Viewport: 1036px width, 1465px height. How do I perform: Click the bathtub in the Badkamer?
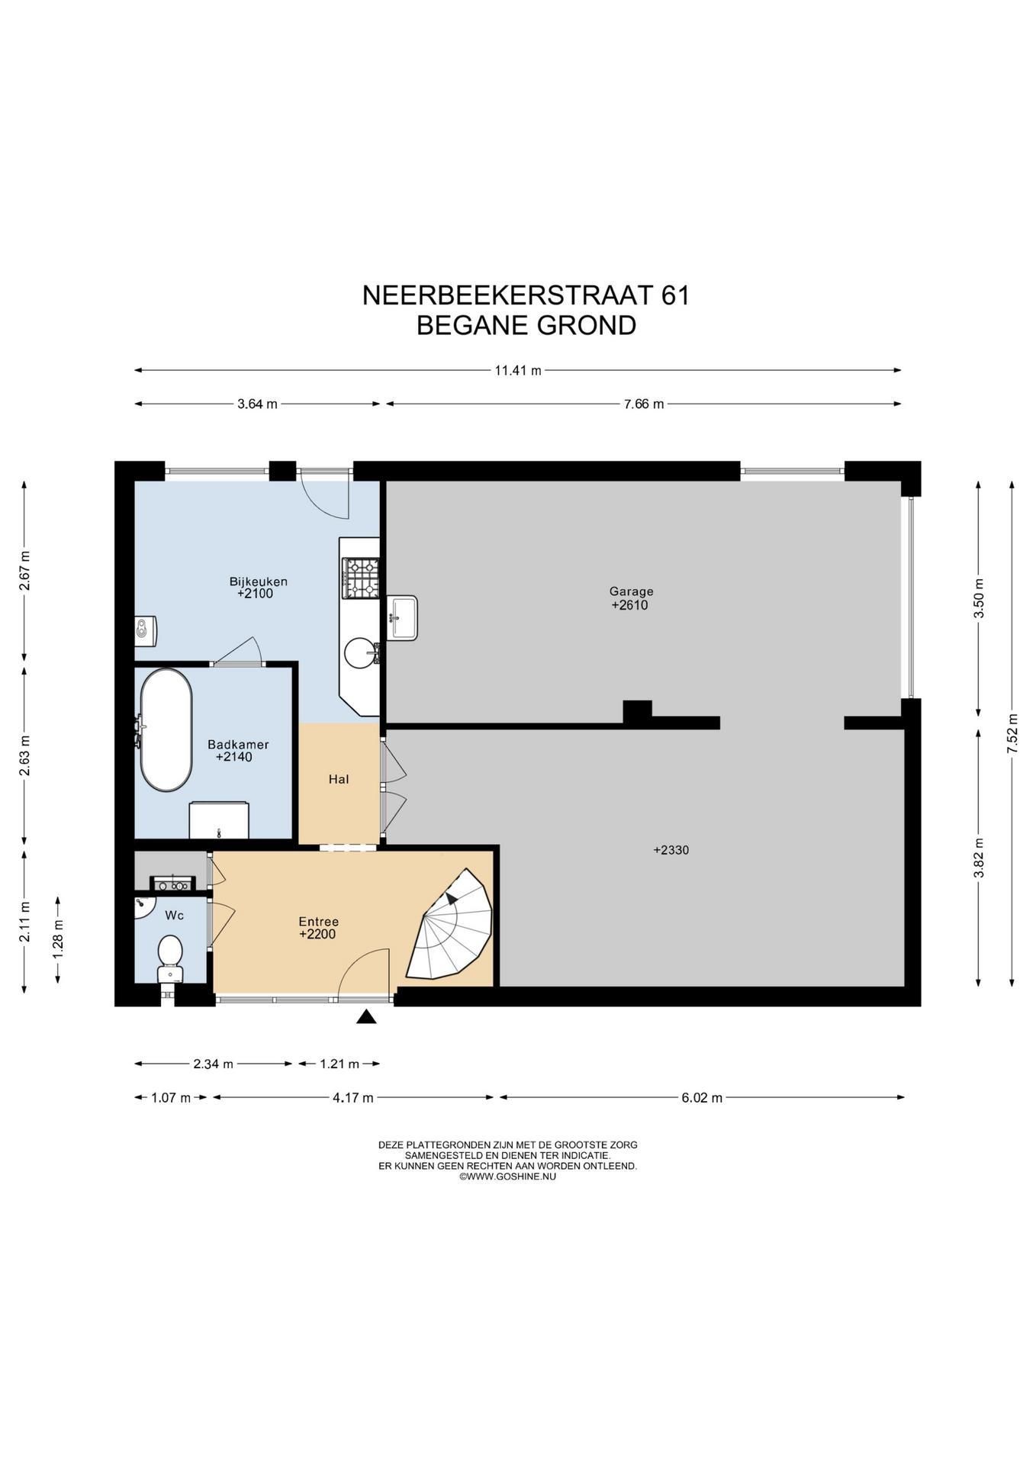[166, 730]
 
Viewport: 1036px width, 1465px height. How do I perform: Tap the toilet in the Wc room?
[169, 958]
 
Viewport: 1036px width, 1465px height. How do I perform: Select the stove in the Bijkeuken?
[361, 578]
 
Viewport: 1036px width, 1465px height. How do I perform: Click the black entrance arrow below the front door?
[367, 1016]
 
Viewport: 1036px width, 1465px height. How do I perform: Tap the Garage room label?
[631, 591]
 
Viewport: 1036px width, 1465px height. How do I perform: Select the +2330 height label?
[671, 850]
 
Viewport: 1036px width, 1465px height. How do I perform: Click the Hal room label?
[339, 779]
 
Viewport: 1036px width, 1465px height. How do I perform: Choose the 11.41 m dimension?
[518, 371]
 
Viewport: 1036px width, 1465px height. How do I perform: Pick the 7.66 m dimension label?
[643, 404]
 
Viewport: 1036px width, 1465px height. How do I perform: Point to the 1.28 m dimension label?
[59, 939]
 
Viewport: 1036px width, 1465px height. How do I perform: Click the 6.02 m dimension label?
[701, 1098]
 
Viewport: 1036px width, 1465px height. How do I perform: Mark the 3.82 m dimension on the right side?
[979, 858]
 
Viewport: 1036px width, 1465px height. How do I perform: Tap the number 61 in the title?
[675, 295]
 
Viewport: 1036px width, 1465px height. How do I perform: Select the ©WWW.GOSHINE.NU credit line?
[507, 1177]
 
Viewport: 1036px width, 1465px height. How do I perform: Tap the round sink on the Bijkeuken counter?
[360, 653]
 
